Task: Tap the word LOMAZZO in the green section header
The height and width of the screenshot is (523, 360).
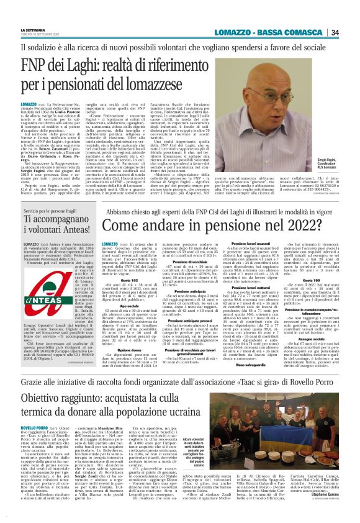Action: click(234, 32)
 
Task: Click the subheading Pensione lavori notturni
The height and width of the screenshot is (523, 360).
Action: click(260, 287)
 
